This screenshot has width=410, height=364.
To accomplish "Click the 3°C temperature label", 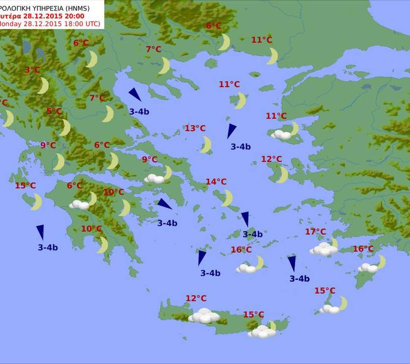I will point(32,70).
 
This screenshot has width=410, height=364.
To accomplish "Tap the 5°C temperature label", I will point(54,111).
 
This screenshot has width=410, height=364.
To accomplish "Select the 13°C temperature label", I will point(195,129).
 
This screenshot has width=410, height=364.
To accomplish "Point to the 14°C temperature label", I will point(216,182).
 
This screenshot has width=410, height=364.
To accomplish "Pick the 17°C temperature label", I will point(315,232).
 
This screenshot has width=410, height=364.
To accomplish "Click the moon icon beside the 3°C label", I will point(43,86).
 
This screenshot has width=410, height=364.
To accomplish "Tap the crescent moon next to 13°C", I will point(206,145).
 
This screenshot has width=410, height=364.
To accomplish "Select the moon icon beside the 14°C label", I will point(227,198).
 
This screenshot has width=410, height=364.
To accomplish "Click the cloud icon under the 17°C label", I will point(322,249).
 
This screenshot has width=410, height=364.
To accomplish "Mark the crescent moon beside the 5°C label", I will point(65,128).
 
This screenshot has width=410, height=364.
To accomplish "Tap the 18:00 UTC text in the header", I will point(82,24).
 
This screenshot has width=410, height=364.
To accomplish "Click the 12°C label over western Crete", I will point(196,298).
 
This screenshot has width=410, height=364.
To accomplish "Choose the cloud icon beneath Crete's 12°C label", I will point(204,316).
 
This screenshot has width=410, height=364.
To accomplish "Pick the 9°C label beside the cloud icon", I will point(149,160).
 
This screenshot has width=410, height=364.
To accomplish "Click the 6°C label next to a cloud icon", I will point(74,186).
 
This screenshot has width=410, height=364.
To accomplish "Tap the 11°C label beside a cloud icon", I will point(276,116).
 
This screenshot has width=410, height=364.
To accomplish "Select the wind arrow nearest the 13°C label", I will point(231,131).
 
